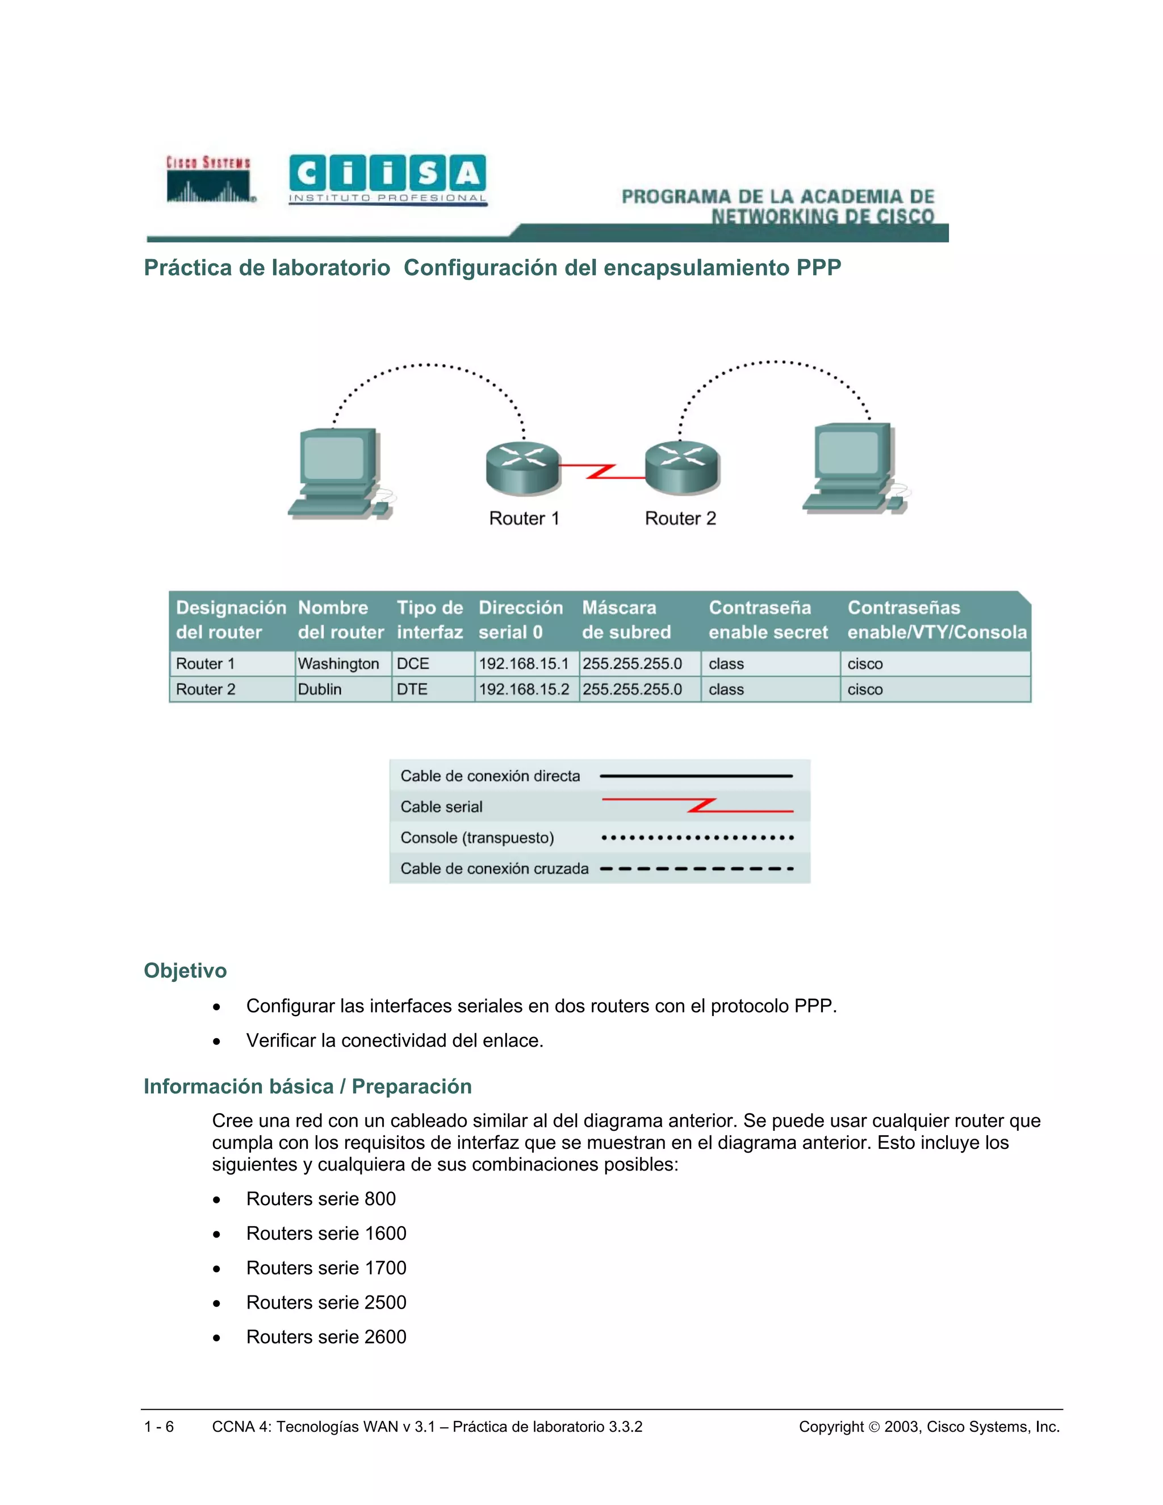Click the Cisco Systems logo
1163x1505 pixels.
(x=209, y=179)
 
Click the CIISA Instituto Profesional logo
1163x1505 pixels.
(x=387, y=179)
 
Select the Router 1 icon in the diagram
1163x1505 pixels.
(x=523, y=468)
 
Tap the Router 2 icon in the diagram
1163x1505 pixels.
(x=682, y=467)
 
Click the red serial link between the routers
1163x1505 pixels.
(x=602, y=471)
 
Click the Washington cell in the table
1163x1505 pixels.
(x=338, y=663)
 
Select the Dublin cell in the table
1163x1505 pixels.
(x=320, y=689)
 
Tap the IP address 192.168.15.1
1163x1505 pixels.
(x=524, y=663)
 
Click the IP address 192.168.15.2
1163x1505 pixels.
(x=524, y=689)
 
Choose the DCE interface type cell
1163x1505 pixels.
(x=413, y=663)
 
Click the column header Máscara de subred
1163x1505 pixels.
(x=626, y=620)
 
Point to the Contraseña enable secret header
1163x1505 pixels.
(x=768, y=620)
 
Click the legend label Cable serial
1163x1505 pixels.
(x=442, y=806)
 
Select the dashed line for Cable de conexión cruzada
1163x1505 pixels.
(x=697, y=868)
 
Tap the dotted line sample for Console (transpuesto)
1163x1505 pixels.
(x=697, y=838)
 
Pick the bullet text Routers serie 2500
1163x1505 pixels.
(x=326, y=1302)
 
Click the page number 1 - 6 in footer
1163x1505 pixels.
(x=159, y=1427)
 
